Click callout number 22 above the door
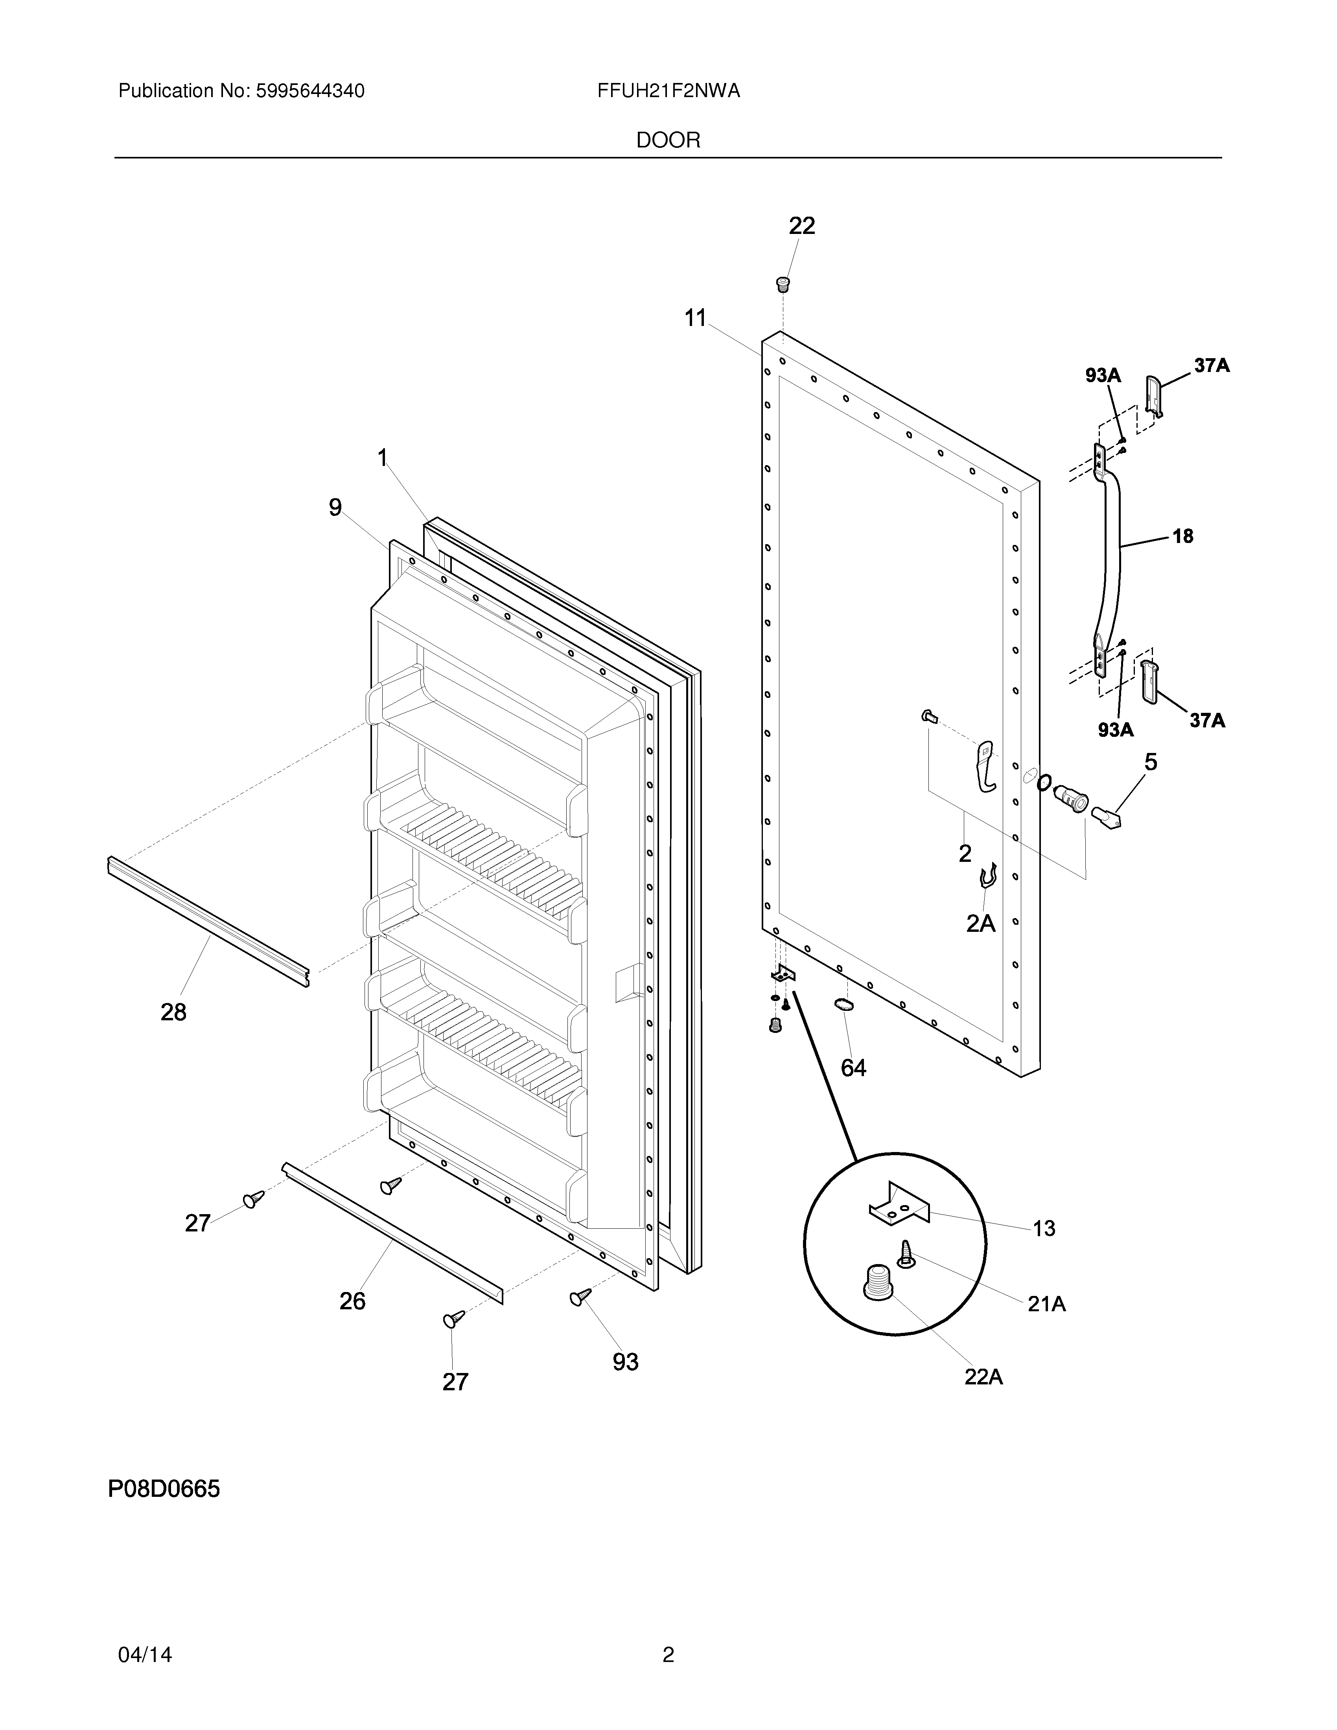pos(801,226)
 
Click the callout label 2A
pos(981,923)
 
